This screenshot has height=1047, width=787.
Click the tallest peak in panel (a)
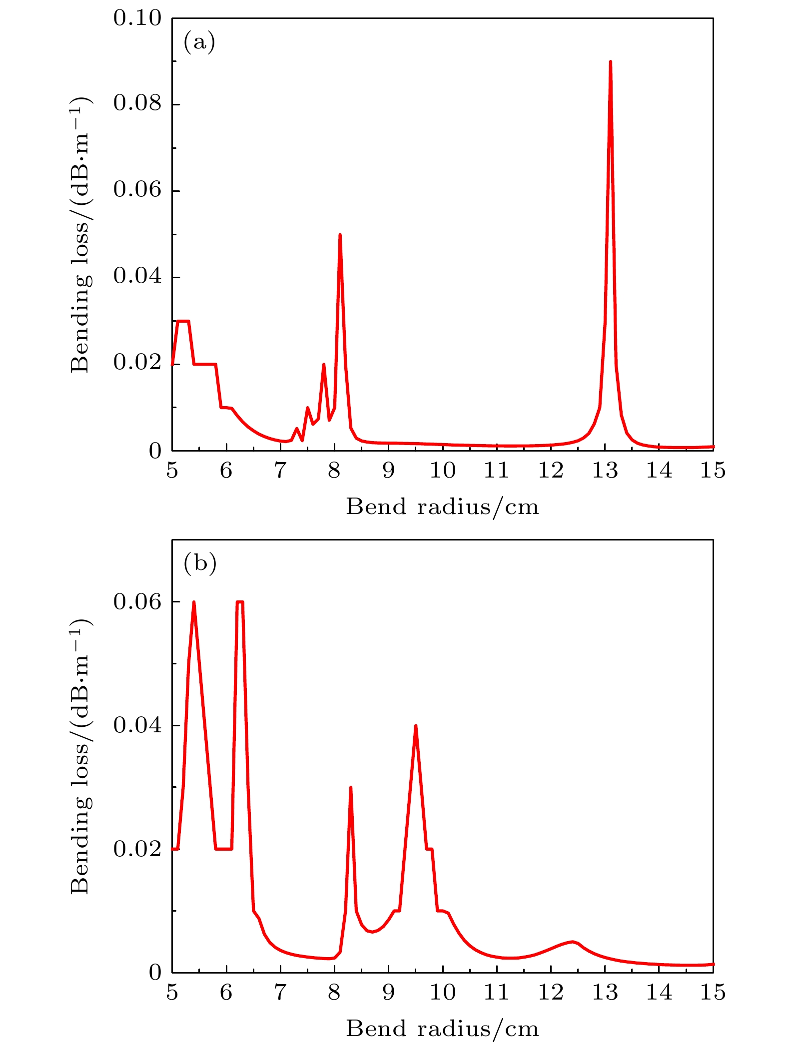[x=610, y=62]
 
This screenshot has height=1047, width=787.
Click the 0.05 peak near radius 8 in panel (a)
[x=340, y=235]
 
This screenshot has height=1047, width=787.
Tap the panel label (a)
[x=199, y=42]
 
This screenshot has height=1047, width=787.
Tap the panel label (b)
[x=200, y=563]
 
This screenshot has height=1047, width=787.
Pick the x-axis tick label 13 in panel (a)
[x=605, y=471]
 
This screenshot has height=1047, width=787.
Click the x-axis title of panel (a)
[x=443, y=508]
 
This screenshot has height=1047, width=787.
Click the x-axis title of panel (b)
[x=443, y=1029]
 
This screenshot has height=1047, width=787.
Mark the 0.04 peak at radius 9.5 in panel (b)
[x=415, y=726]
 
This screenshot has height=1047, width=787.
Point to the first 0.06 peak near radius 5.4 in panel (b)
[x=193, y=603]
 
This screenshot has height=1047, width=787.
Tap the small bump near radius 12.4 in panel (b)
[x=573, y=942]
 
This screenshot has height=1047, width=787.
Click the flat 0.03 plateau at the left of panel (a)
[x=183, y=321]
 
